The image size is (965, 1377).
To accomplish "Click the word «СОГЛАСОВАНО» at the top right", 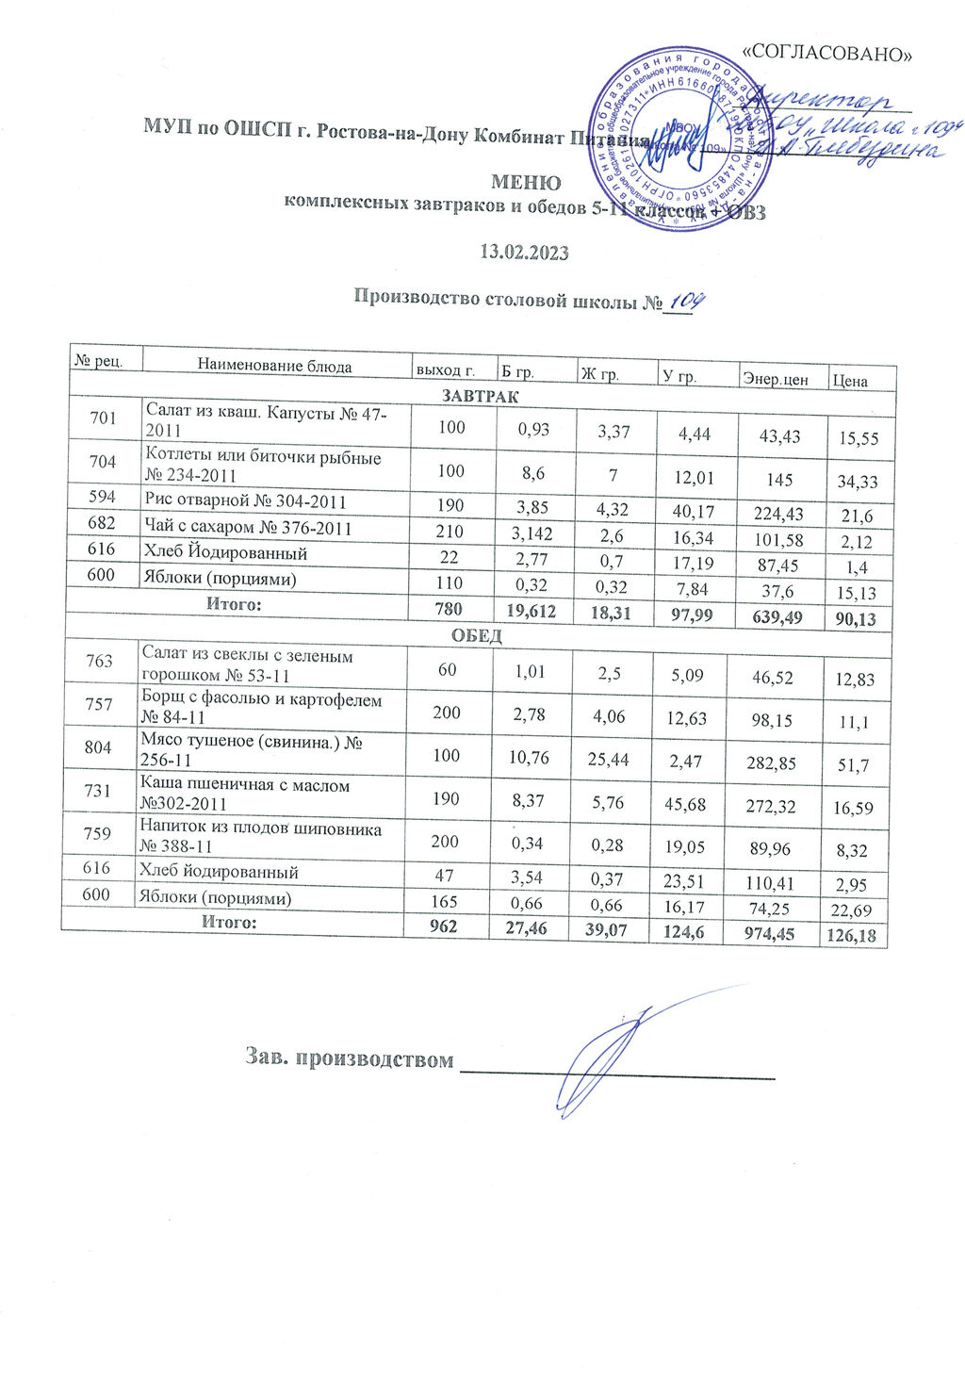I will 828,54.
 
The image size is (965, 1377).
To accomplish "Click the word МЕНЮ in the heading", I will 526,182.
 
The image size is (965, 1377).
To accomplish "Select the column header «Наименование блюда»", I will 274,366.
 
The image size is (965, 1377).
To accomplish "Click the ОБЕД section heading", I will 477,635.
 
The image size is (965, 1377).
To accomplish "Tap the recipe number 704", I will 103,461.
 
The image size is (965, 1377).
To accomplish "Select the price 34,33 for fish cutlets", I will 857,482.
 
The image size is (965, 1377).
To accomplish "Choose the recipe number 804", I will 99,746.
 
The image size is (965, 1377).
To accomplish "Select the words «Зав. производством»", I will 347,1058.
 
